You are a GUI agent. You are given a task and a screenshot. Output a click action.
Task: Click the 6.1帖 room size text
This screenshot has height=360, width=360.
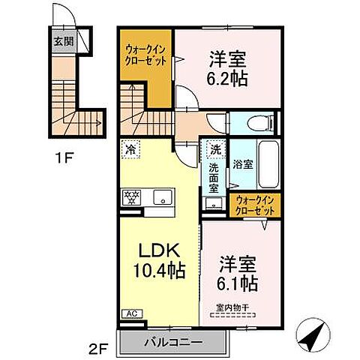pos(238,283)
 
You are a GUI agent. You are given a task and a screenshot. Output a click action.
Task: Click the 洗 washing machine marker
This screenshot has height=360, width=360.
pos(215,148)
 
